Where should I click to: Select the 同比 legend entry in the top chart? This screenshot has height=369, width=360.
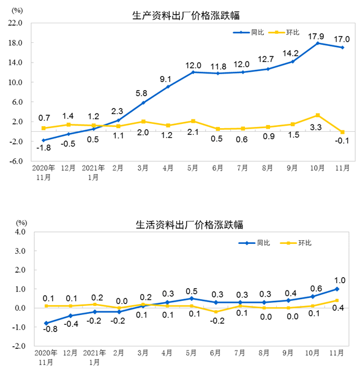tap(255, 32)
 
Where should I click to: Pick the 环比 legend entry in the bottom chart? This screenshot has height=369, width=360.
tap(304, 243)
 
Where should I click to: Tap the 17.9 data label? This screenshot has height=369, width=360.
tap(317, 34)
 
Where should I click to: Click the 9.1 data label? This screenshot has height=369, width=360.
tap(167, 78)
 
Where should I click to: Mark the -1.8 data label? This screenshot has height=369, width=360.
tap(43, 148)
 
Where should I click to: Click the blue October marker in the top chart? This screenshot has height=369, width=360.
tap(317, 43)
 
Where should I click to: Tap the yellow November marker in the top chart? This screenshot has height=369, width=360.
tap(343, 132)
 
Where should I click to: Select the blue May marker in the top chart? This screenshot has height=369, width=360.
tap(193, 72)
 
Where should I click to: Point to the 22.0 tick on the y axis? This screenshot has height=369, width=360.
tap(15, 23)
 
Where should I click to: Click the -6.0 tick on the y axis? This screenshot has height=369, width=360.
tap(15, 161)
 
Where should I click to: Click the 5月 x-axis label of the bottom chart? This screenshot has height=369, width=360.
tap(192, 354)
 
